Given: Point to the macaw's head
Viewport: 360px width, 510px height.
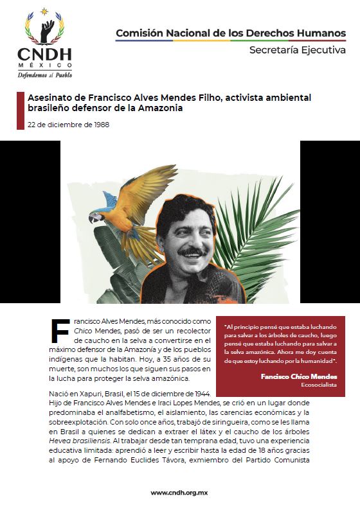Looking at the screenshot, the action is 96,216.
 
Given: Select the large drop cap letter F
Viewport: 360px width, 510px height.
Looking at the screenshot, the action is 60,330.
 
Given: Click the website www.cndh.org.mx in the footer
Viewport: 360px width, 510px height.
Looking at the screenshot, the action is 179,492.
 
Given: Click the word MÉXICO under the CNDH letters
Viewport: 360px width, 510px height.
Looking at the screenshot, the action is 44,66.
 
